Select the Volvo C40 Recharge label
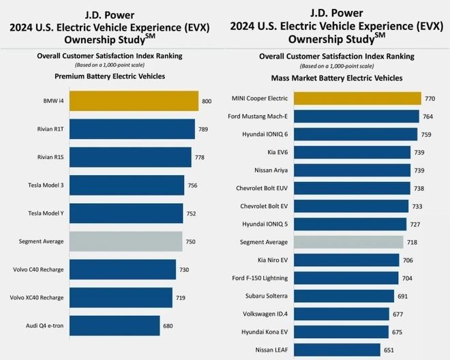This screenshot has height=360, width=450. tap(38, 269)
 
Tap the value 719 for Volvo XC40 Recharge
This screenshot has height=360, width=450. tap(181, 298)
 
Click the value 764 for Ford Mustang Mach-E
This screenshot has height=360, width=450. tap(429, 117)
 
